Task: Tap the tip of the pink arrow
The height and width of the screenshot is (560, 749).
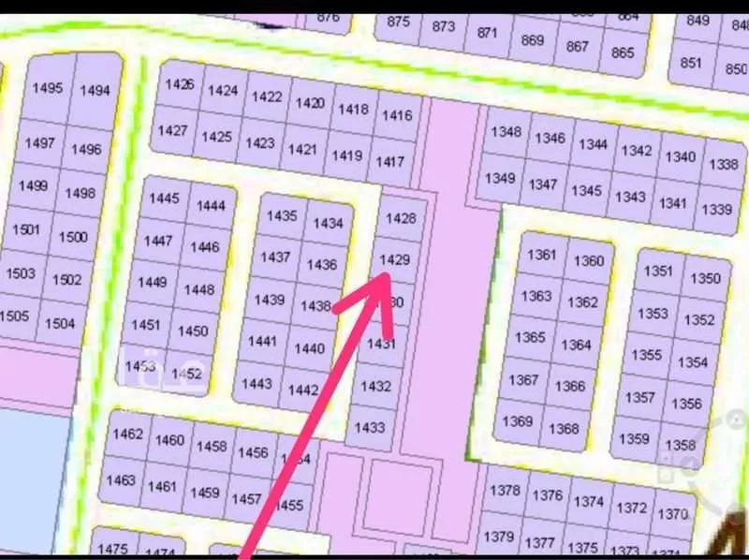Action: [x=388, y=275]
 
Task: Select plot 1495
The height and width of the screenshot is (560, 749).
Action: [x=48, y=88]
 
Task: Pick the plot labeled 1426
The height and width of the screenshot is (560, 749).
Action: [x=180, y=84]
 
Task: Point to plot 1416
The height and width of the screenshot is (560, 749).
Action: [x=397, y=115]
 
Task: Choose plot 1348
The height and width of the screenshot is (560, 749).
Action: [x=506, y=132]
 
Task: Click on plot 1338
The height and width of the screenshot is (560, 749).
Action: [x=723, y=164]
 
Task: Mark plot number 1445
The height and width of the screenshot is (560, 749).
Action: [x=164, y=199]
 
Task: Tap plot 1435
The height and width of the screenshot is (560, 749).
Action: [x=282, y=215]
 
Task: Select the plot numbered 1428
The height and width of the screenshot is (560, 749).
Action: [x=401, y=217]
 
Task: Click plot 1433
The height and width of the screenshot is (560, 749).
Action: [x=371, y=427]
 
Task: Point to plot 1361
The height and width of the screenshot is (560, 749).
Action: [x=542, y=255]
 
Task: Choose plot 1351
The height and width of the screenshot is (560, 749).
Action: [x=659, y=271]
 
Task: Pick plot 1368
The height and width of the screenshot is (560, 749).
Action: [x=565, y=429]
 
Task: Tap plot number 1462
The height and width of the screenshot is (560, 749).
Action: [x=127, y=435]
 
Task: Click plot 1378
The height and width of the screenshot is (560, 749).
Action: [x=505, y=491]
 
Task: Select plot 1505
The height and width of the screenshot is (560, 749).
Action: [x=15, y=317]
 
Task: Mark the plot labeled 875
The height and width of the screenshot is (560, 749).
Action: [x=399, y=22]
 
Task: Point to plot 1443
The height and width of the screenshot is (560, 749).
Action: [x=257, y=384]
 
